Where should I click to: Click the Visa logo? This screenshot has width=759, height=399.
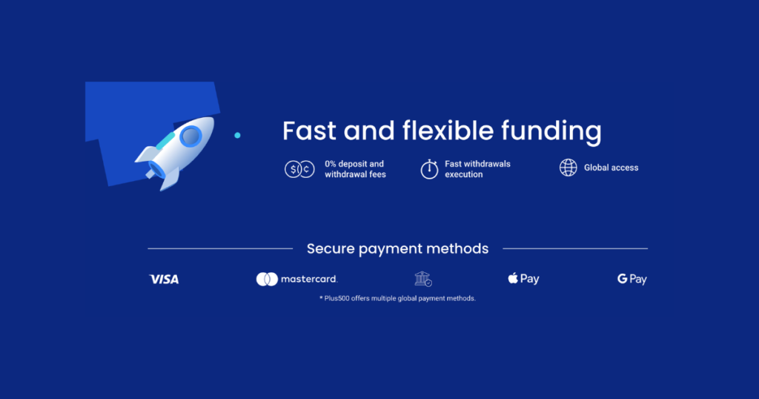pyautogui.click(x=164, y=280)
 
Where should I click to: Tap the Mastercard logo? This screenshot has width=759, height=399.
pyautogui.click(x=296, y=279)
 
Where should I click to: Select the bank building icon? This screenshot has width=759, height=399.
pyautogui.click(x=422, y=279)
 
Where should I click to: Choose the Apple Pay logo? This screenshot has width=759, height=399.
pyautogui.click(x=523, y=279)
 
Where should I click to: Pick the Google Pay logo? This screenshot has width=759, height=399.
pyautogui.click(x=632, y=280)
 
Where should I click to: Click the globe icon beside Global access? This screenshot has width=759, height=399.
pyautogui.click(x=568, y=168)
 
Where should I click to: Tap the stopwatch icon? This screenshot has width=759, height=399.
pyautogui.click(x=429, y=168)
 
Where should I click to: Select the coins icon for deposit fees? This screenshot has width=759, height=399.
pyautogui.click(x=299, y=169)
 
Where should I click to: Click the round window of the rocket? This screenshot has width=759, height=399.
pyautogui.click(x=191, y=136)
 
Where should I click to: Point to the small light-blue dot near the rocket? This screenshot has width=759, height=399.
pyautogui.click(x=237, y=135)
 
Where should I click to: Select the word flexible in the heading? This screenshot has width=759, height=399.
pyautogui.click(x=448, y=131)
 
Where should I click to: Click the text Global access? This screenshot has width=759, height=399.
pyautogui.click(x=611, y=168)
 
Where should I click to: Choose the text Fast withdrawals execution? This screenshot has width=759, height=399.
pyautogui.click(x=477, y=169)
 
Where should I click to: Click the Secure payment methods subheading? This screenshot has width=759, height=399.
pyautogui.click(x=397, y=248)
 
